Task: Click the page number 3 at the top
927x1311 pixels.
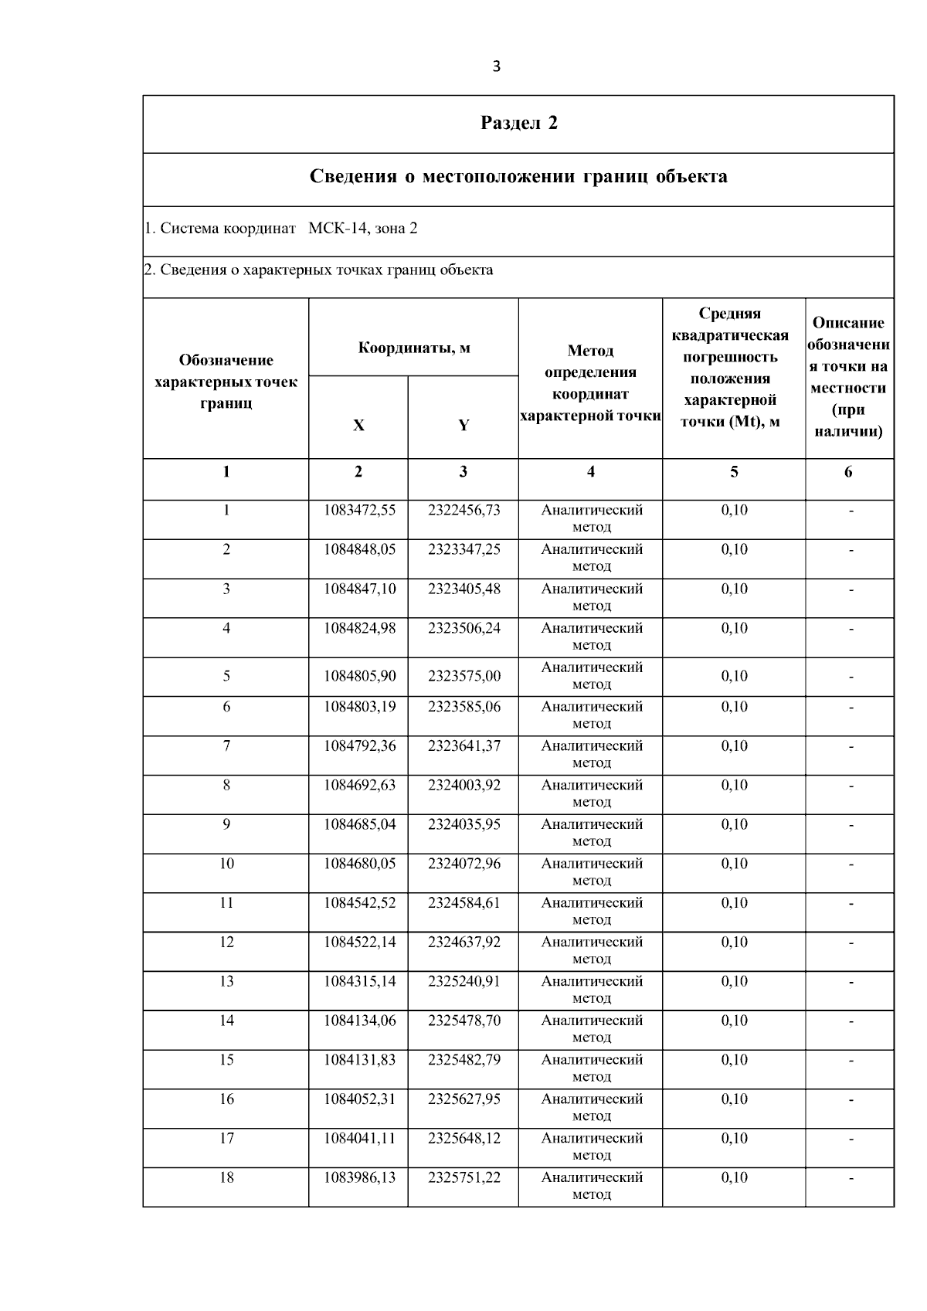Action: coord(496,66)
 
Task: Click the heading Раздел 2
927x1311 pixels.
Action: coord(518,124)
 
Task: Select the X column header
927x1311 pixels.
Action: coord(358,425)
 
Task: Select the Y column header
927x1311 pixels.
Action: coord(463,425)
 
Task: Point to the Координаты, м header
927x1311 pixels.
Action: coord(413,348)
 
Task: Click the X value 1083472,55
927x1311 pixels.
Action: coord(359,511)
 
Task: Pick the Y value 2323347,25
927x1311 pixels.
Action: coord(464,550)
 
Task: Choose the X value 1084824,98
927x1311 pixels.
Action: coord(359,629)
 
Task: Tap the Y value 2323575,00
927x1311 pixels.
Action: coord(464,676)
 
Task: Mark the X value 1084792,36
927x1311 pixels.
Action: coord(359,746)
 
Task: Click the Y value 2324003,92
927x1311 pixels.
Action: coord(464,786)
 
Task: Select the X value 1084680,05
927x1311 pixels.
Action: coord(359,864)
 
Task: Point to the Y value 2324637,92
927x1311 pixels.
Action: coord(464,942)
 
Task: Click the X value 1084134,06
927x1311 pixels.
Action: coord(359,1021)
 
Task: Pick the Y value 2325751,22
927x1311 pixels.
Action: coord(464,1178)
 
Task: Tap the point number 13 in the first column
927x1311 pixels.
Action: coord(226,982)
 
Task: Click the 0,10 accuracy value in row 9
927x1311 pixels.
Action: coord(734,825)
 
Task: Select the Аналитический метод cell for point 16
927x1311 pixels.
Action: coord(592,1107)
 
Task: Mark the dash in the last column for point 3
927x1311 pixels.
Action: coord(851,589)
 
